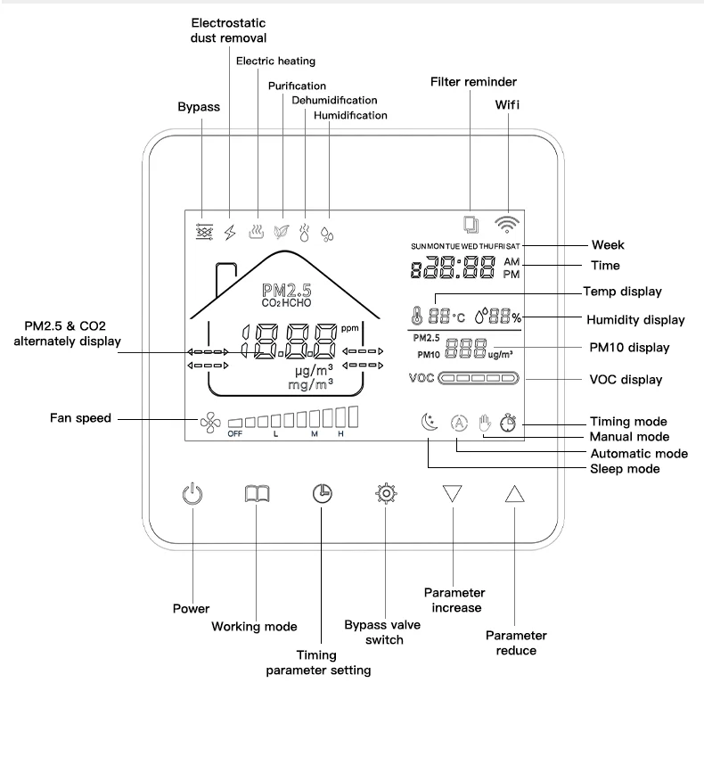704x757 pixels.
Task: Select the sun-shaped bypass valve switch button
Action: [x=386, y=494]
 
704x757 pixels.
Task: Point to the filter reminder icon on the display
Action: [x=471, y=225]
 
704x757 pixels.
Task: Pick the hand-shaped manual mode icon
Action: [x=486, y=424]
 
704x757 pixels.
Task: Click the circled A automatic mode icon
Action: [x=458, y=424]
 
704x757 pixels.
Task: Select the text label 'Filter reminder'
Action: [x=473, y=82]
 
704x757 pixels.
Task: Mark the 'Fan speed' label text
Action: [x=81, y=417]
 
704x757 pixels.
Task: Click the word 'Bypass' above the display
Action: [x=199, y=107]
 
